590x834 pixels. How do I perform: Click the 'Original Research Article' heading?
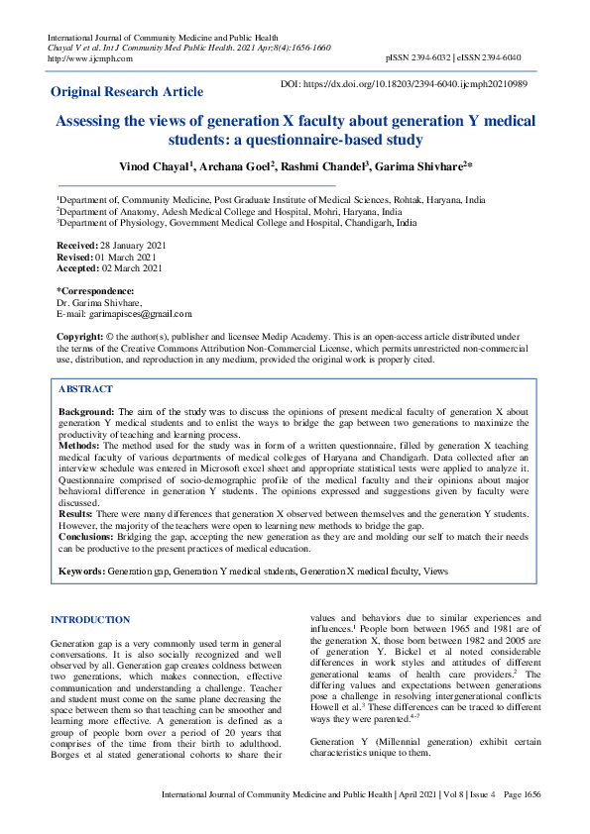127,92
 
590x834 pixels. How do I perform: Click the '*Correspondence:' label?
94,291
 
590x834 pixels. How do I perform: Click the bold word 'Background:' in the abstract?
86,410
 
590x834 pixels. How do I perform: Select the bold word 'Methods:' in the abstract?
80,448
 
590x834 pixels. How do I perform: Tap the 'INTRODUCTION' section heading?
90,620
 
